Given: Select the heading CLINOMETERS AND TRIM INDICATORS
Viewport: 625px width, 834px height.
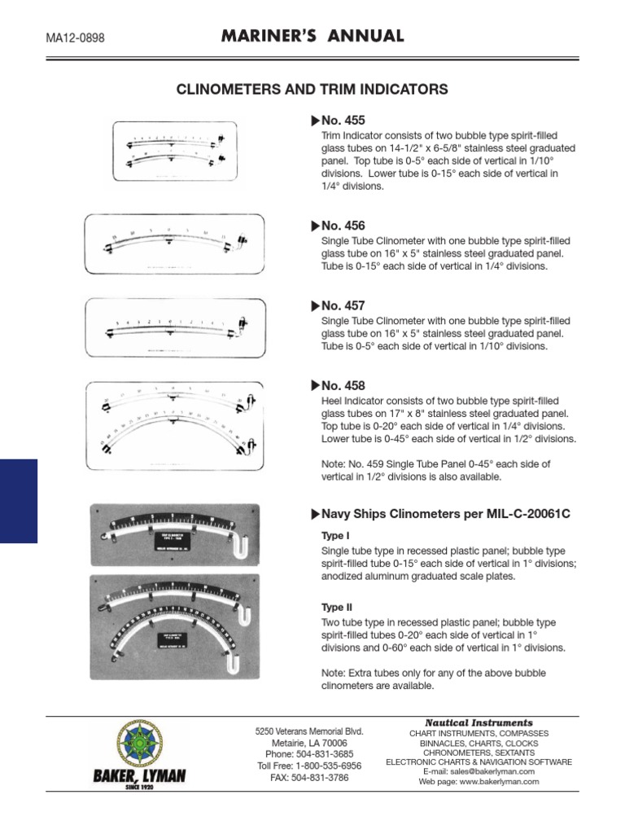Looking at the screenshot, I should click(x=312, y=90).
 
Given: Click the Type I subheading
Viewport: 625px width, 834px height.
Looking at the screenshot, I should click(x=336, y=537).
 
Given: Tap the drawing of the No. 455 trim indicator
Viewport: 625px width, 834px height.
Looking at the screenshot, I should click(x=174, y=151).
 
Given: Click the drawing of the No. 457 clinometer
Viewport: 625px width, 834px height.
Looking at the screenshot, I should click(x=175, y=327).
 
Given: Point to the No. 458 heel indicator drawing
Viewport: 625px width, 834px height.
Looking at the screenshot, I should click(x=174, y=426).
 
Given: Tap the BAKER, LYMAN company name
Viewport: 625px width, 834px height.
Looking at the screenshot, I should click(x=139, y=778).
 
